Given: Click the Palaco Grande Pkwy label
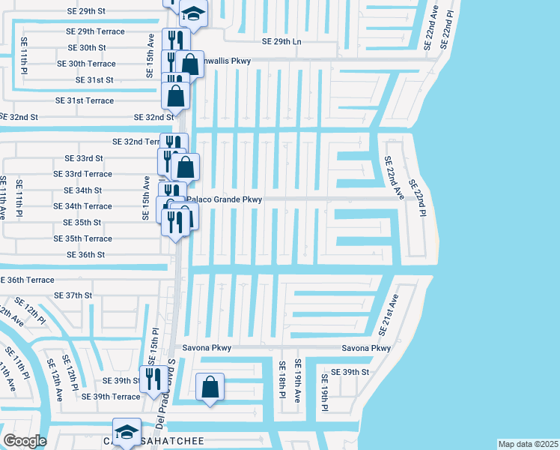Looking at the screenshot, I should coord(225,199).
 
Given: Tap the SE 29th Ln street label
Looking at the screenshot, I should coord(281,42).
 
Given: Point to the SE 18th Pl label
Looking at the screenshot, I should coord(282,380).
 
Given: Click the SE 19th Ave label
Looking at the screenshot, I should coord(297,380).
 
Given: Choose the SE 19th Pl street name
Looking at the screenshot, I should coord(325,392).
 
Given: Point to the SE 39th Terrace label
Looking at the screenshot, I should coord(111,397).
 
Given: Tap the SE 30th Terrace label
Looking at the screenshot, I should coord(86,64).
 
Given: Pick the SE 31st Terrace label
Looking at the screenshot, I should coord(85,100).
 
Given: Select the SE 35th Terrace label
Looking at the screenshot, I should coord(83,238).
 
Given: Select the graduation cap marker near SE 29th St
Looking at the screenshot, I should coord(194,15).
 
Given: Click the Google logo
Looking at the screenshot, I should coord(25,441).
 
